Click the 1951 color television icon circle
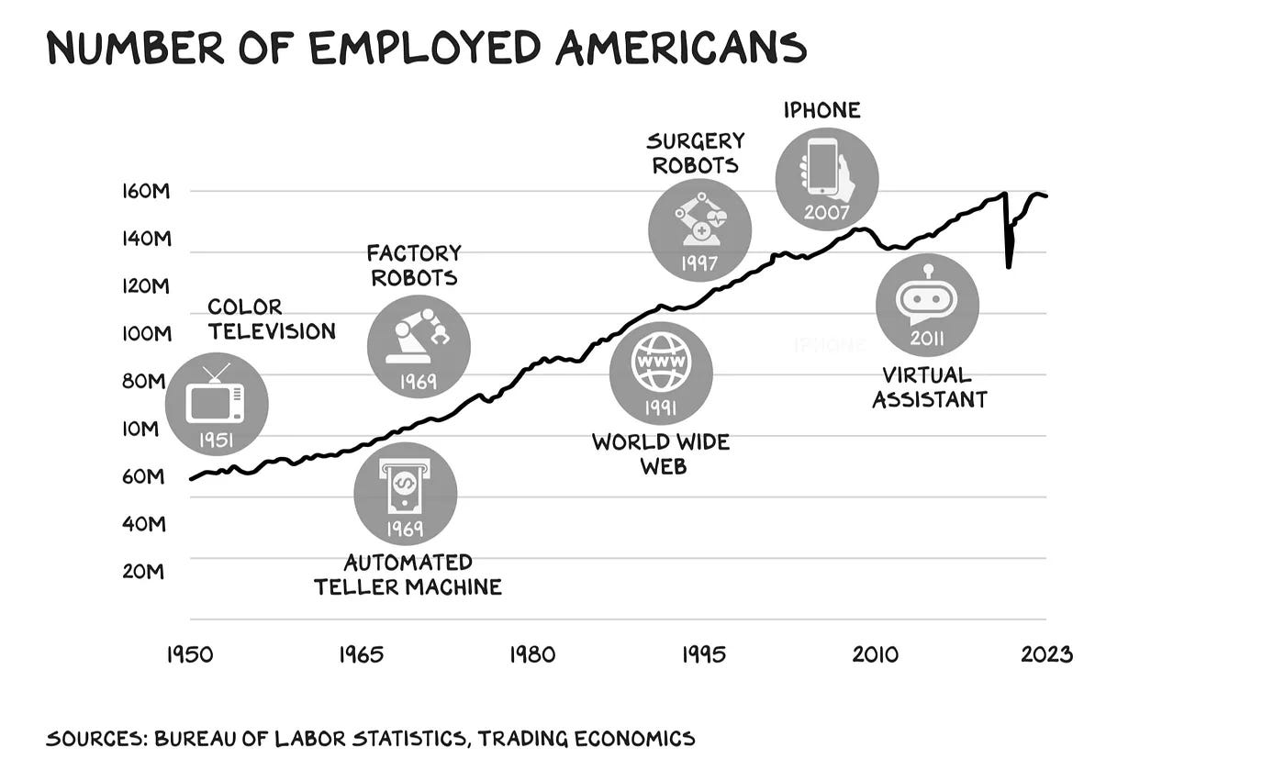coord(217,404)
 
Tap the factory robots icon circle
coord(419,347)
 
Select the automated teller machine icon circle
coord(406,494)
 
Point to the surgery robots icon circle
coord(699,230)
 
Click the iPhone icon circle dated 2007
coord(827,179)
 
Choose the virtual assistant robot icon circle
coord(927,305)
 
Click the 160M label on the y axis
coord(146,191)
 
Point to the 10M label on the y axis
coord(140,429)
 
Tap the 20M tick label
coord(143,572)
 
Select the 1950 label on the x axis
coord(190,654)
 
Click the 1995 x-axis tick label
coord(704,654)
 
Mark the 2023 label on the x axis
coord(1047,654)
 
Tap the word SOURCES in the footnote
coord(96,739)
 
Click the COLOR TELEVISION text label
coord(272,319)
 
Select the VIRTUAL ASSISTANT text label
coord(929,387)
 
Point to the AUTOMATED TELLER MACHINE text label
coord(408,575)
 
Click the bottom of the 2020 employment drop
coord(1009,267)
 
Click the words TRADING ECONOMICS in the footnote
coord(587,739)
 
